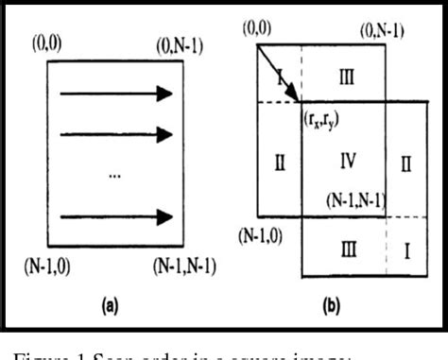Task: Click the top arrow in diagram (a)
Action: [x=115, y=93]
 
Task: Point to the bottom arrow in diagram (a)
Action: [x=115, y=216]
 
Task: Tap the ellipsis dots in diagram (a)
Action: [x=115, y=177]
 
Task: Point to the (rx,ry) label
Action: [x=322, y=118]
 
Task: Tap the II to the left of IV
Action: [x=279, y=162]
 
